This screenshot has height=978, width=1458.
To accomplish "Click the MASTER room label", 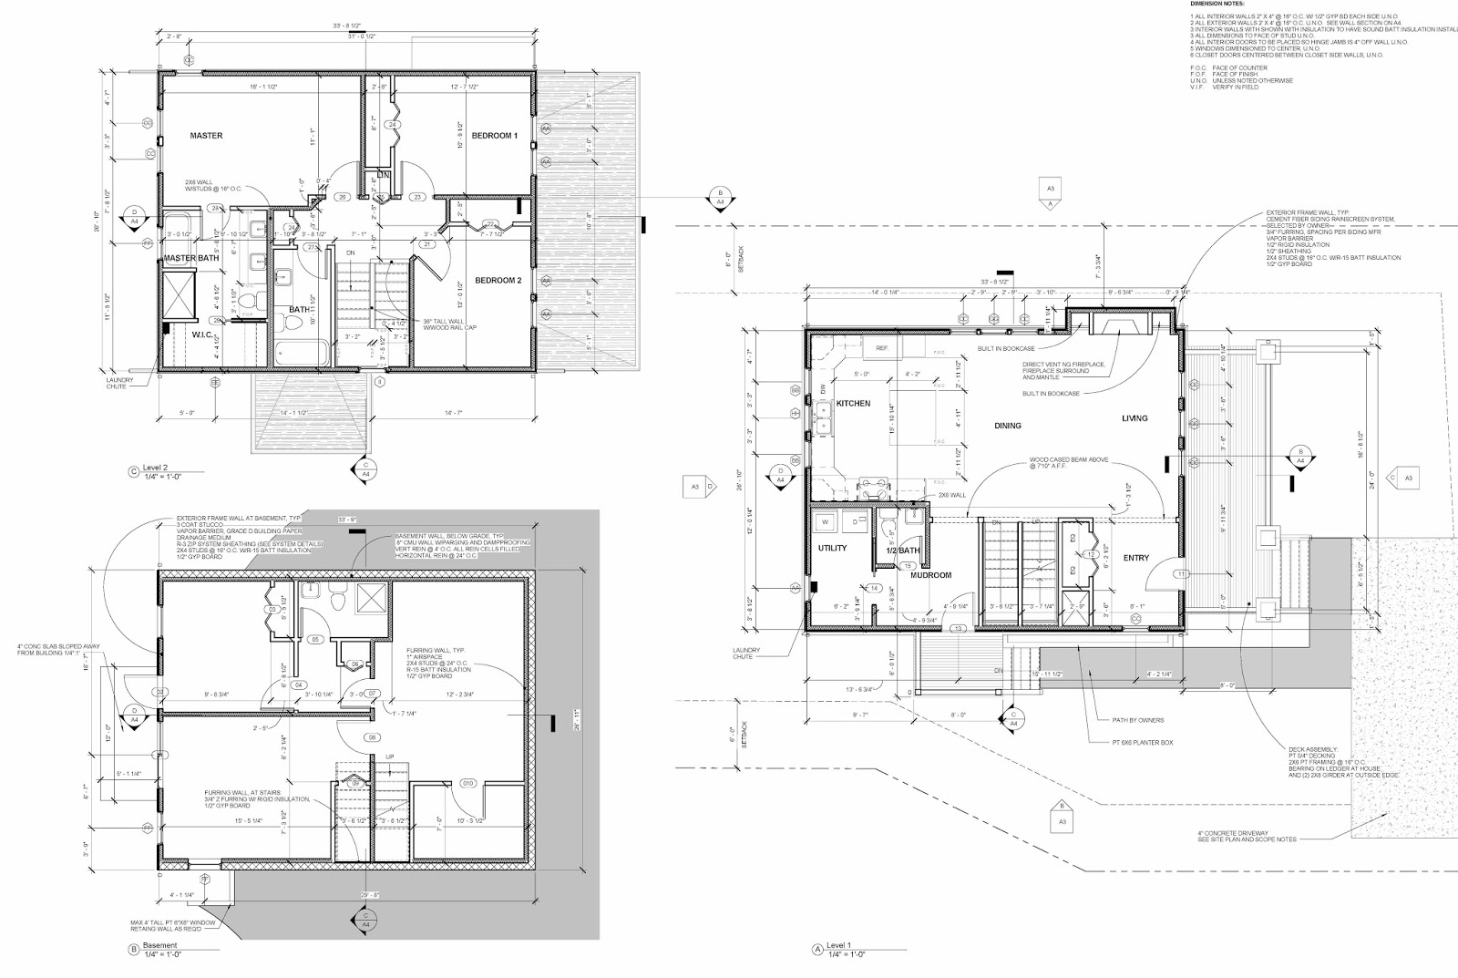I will click(206, 136).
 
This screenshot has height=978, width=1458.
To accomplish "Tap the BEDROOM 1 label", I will click(494, 136).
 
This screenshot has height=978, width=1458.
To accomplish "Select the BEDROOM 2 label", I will click(498, 281).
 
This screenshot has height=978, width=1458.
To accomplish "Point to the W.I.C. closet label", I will click(202, 335).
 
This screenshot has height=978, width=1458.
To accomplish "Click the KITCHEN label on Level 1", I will click(853, 403).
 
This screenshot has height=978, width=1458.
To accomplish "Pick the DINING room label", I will click(1007, 426).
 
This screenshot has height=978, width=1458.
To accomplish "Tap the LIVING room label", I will click(1135, 418).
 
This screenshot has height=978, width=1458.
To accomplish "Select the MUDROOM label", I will click(931, 575).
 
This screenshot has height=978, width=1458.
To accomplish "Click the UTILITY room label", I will click(832, 549).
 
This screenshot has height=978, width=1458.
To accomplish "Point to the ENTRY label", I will click(1135, 558).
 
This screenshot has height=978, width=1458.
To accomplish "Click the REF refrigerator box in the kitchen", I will click(881, 348).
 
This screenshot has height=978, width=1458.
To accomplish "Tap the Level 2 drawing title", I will click(159, 471).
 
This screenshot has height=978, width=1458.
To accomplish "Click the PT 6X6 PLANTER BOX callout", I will click(1145, 743).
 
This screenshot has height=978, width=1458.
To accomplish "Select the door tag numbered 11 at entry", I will click(1181, 574).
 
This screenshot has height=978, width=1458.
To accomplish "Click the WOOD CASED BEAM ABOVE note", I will click(1068, 463).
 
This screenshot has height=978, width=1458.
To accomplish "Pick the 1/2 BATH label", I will click(902, 551).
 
